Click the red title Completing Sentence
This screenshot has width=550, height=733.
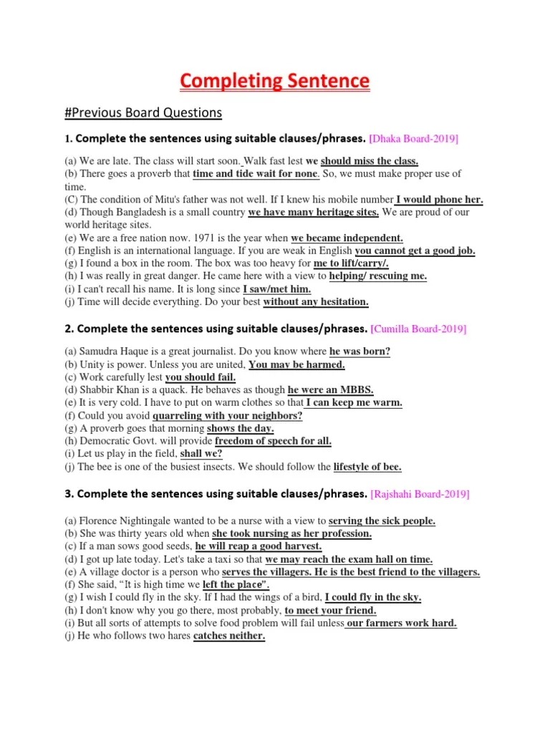[275, 81]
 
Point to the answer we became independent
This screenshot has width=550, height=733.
[347, 238]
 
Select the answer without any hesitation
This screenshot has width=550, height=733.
[316, 302]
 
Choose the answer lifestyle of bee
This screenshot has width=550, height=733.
[367, 467]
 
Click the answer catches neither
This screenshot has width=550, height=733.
[229, 636]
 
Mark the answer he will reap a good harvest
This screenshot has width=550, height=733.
[259, 546]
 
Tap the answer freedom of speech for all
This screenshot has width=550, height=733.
[273, 442]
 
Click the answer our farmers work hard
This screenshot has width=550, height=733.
[401, 623]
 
